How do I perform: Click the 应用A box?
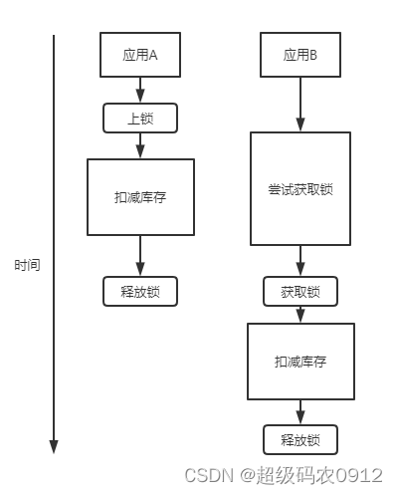tap(139, 55)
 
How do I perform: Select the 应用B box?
tap(299, 55)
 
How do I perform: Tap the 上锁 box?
tap(139, 119)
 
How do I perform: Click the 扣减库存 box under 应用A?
tap(139, 197)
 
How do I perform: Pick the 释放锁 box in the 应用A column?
tap(139, 291)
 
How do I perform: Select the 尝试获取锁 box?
tap(299, 188)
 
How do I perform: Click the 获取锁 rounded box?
tap(299, 292)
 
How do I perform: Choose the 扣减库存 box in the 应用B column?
tap(299, 362)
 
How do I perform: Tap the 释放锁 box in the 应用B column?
tap(299, 439)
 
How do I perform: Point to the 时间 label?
tap(27, 266)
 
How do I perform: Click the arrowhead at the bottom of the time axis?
tap(54, 445)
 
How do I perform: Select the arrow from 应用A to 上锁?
tap(139, 91)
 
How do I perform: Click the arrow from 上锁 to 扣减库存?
tap(139, 146)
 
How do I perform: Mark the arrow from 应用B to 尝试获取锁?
tap(299, 105)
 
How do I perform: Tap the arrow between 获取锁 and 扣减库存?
tap(299, 315)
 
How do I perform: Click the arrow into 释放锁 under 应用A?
tap(139, 256)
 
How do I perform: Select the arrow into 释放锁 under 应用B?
tap(299, 412)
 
